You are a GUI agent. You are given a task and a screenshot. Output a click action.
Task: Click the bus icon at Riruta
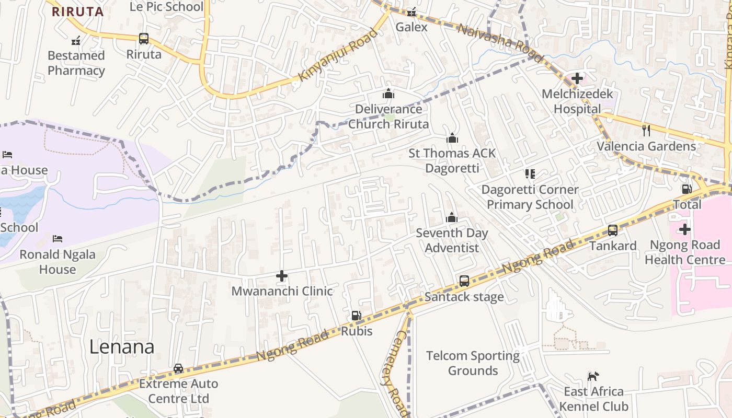point(144,38)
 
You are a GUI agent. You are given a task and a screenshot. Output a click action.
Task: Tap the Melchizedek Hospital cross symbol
point(577,78)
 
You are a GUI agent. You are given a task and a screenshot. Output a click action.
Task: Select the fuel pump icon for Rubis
point(356,315)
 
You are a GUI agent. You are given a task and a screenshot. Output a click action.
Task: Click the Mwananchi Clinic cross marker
point(282,275)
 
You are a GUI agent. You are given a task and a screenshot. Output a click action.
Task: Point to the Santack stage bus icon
point(464,281)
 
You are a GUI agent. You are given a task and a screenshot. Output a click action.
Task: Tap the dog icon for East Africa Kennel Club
point(593,376)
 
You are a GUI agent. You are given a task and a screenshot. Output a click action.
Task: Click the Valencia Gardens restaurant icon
point(646,130)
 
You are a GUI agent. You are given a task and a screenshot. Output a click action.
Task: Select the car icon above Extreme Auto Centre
point(178,368)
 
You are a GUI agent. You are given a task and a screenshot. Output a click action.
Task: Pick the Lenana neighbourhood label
point(122,347)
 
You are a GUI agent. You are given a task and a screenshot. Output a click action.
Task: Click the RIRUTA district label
point(77,11)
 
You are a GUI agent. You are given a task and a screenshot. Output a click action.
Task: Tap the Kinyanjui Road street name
point(338,55)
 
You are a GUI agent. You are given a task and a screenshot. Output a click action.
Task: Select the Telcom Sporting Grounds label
point(473,363)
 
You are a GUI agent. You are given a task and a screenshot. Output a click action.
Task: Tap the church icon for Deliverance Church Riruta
point(388,94)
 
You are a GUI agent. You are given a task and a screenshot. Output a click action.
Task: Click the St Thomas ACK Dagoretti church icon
point(452,138)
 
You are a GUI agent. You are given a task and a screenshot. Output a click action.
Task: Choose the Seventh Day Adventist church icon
point(451,217)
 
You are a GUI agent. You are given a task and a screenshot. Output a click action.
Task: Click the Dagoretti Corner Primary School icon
point(530,173)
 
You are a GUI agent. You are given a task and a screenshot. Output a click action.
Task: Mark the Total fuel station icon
point(687,189)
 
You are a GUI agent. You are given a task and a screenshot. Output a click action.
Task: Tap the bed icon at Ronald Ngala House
point(58,239)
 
